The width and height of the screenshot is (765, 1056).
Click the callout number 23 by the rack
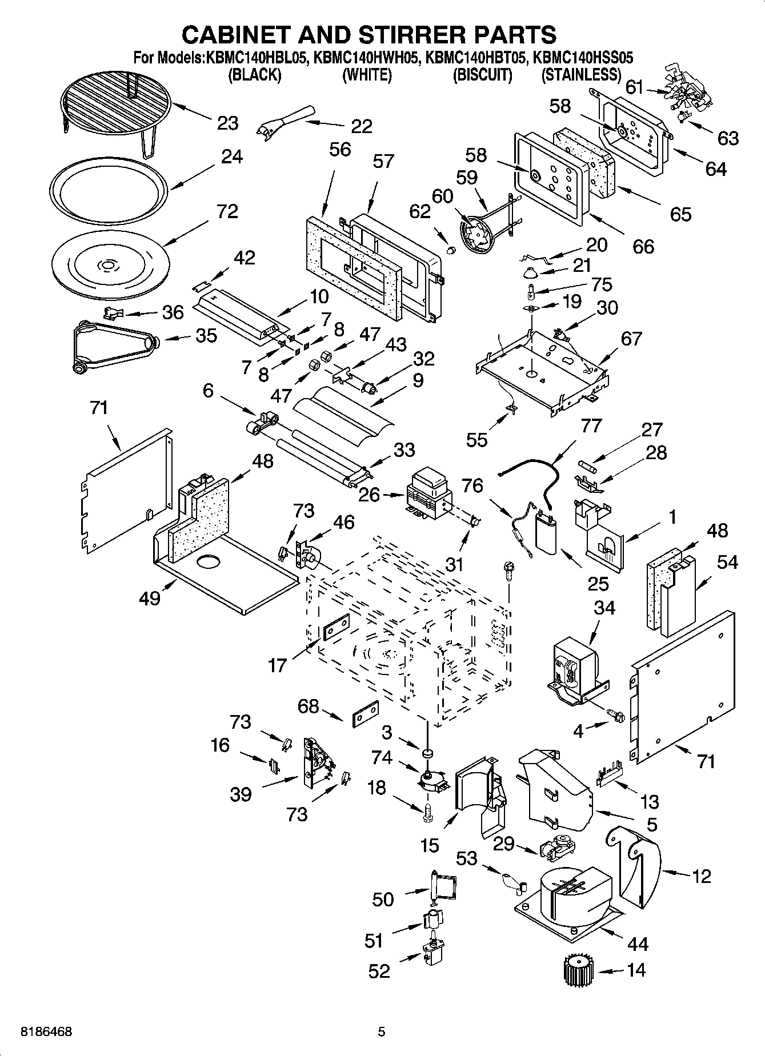click(227, 123)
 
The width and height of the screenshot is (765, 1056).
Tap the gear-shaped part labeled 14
click(578, 969)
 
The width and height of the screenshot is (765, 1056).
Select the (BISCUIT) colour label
click(482, 75)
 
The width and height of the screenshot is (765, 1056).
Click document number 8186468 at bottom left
click(46, 1032)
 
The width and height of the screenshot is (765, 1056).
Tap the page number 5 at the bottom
click(382, 1032)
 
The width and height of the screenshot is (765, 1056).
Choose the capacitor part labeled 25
click(547, 533)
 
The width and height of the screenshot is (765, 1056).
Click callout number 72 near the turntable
click(227, 212)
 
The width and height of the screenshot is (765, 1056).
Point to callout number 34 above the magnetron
click(604, 608)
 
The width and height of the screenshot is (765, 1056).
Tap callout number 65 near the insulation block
click(680, 214)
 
